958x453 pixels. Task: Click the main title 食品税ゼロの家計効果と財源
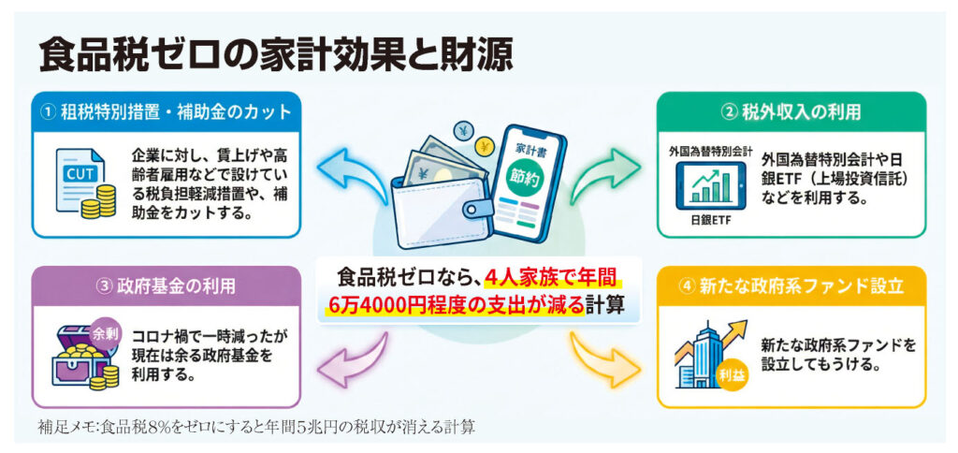point(275,54)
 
